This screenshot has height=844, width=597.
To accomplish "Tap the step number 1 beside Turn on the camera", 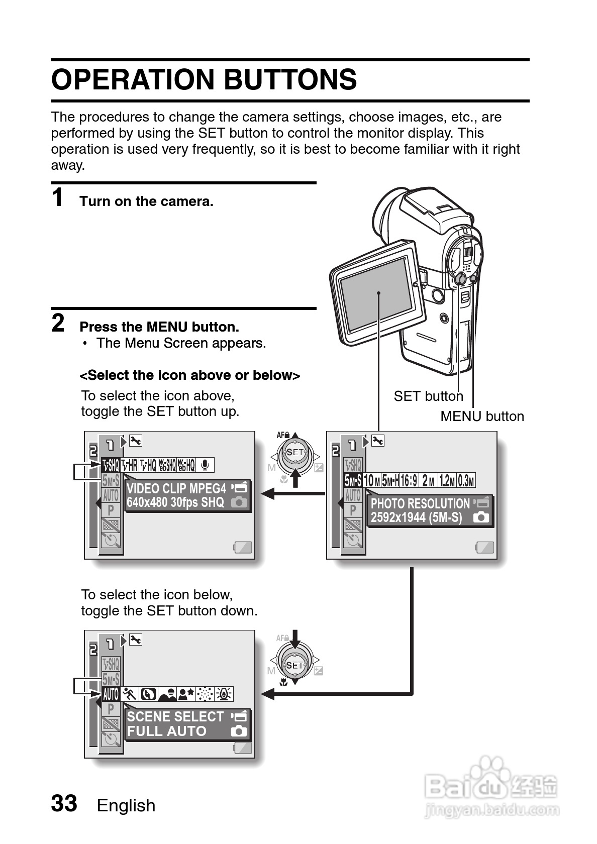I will [x=58, y=197].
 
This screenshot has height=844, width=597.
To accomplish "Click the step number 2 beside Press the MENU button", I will [x=58, y=323].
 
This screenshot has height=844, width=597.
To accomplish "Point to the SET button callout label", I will [x=428, y=396].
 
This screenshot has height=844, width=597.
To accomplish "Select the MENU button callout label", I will [x=482, y=416].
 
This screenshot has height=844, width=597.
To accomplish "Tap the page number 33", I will [x=64, y=803].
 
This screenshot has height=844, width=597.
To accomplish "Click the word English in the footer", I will [x=126, y=805].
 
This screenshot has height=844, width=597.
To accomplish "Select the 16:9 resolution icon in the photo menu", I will [x=409, y=481].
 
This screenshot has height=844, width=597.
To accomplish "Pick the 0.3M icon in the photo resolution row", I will [x=466, y=481].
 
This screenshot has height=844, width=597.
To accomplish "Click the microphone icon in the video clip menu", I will [x=205, y=465].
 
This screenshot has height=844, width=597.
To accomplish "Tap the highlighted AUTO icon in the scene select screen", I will [x=111, y=694].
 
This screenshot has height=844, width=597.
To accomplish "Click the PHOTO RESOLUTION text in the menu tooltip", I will [x=420, y=504].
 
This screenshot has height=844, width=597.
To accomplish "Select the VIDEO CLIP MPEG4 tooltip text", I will [x=176, y=489].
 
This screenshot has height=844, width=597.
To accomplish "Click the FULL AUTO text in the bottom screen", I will [x=167, y=731].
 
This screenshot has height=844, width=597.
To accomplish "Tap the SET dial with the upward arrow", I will [x=295, y=452].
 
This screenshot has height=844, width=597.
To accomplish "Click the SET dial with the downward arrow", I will [x=295, y=665].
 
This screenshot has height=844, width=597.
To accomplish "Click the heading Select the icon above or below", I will [x=190, y=375].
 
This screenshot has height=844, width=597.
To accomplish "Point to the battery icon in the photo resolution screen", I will [x=485, y=548].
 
